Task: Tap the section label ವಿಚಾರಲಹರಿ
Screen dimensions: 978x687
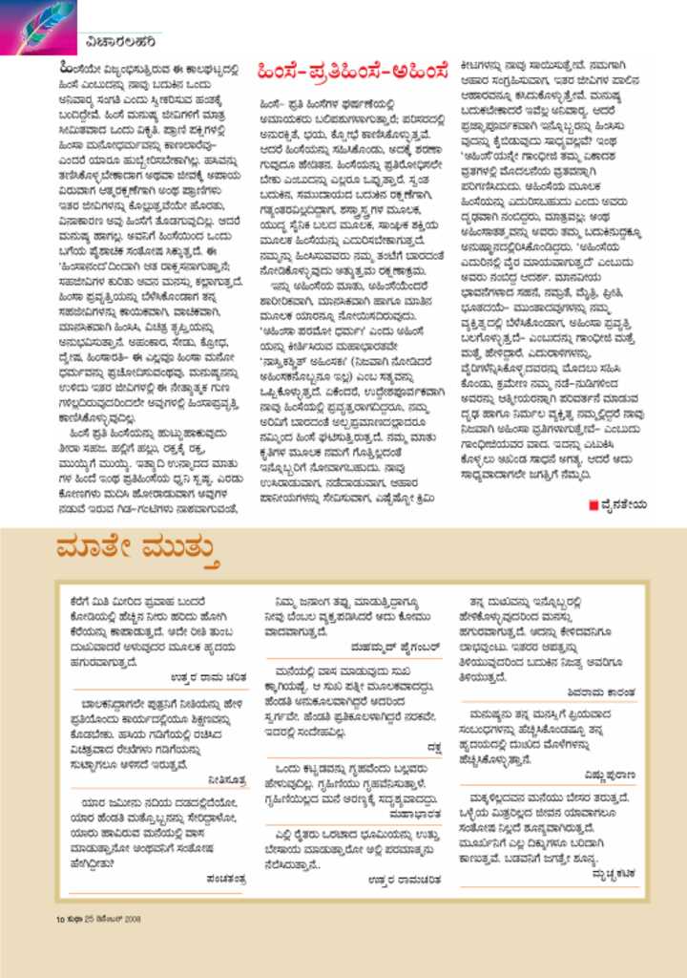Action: (114, 40)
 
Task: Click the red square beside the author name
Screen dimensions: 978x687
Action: (593, 504)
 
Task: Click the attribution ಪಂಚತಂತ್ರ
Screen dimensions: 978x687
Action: (225, 877)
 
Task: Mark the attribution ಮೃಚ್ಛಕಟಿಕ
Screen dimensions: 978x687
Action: (609, 873)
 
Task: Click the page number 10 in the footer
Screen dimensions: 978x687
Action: (59, 919)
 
